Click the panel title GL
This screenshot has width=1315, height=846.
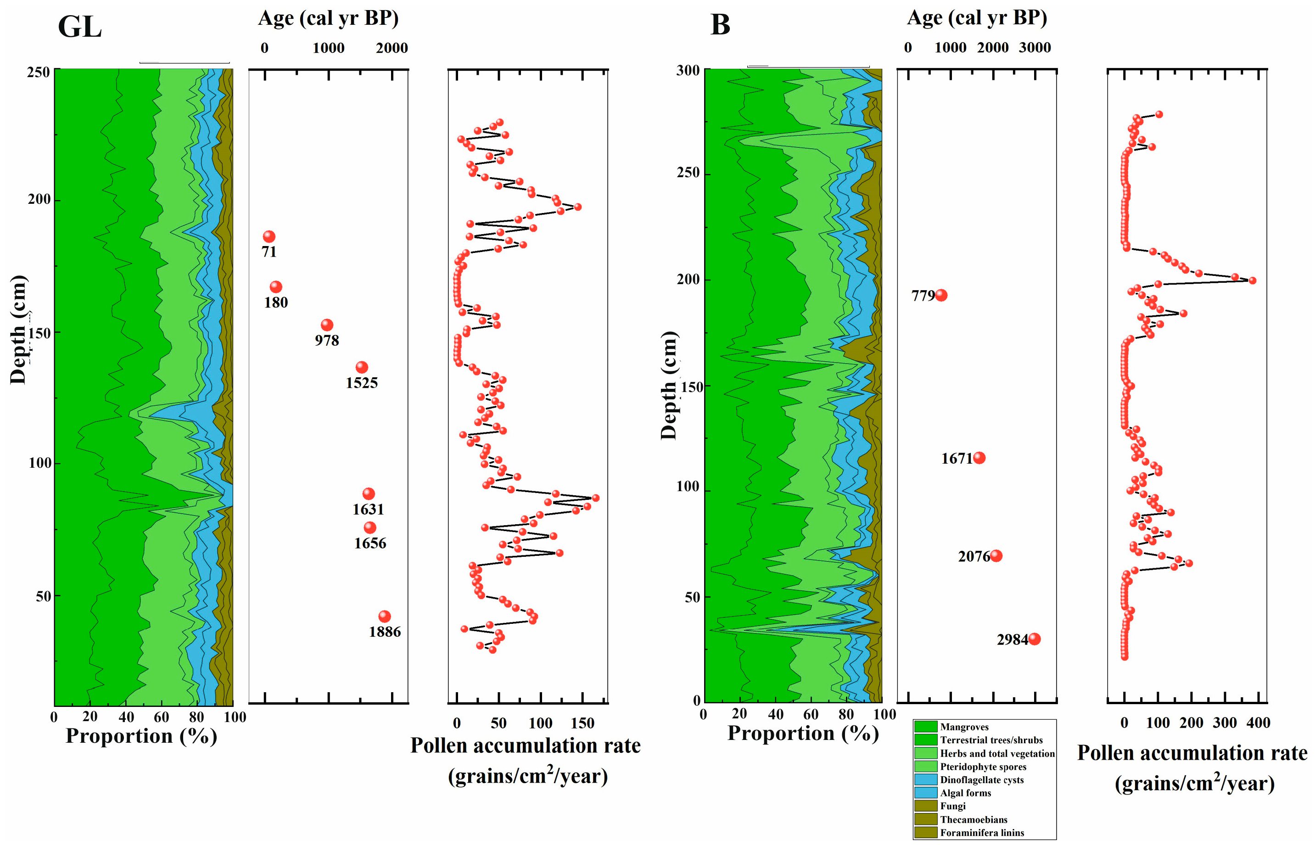point(80,26)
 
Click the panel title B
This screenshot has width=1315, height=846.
point(720,25)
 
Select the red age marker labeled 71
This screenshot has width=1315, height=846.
point(269,237)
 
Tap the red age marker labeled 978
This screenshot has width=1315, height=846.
point(327,325)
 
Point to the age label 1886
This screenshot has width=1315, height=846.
point(385,632)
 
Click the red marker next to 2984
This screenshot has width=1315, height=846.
point(1034,639)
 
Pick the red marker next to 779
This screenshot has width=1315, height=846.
point(941,296)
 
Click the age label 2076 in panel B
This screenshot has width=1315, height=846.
point(974,556)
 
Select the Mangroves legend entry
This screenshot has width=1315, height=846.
point(964,727)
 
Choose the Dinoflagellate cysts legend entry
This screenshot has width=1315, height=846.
point(982,779)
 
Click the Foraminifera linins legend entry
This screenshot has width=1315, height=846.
point(982,832)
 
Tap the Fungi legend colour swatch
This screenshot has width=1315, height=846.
point(926,806)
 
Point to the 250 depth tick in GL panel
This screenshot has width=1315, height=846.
point(39,72)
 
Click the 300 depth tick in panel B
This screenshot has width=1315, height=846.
point(688,70)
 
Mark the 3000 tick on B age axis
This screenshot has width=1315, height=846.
point(1035,48)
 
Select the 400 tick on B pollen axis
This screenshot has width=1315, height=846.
point(1258,723)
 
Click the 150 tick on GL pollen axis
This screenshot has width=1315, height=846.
point(582,723)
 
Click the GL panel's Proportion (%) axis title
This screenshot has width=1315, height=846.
point(141,735)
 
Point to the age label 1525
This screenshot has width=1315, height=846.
point(361,383)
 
